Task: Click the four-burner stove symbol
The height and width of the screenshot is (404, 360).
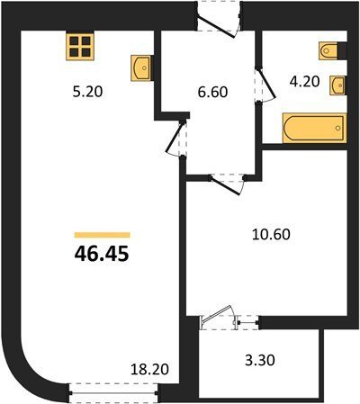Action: tap(80, 47)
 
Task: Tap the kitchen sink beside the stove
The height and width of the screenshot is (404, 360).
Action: tap(140, 67)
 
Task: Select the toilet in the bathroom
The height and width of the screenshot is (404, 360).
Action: tap(329, 51)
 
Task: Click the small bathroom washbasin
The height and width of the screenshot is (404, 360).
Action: tap(337, 85)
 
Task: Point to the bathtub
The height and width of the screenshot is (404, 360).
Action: tap(315, 128)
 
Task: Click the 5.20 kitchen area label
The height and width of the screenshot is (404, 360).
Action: tap(87, 92)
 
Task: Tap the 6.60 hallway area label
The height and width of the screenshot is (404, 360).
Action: tap(212, 92)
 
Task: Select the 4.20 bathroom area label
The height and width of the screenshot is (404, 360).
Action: tap(304, 81)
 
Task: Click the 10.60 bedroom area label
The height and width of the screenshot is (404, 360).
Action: tap(271, 234)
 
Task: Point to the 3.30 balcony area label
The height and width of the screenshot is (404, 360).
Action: tap(260, 360)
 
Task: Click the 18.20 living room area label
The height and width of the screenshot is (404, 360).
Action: tap(149, 369)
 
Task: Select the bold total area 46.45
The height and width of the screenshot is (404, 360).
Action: tap(102, 254)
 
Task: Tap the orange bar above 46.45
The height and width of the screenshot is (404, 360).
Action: tap(102, 235)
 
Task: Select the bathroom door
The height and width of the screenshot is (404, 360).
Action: tap(265, 85)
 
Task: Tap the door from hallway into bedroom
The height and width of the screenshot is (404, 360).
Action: tap(227, 184)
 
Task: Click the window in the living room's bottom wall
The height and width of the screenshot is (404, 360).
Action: tap(113, 392)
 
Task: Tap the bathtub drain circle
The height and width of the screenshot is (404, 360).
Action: tap(337, 128)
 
